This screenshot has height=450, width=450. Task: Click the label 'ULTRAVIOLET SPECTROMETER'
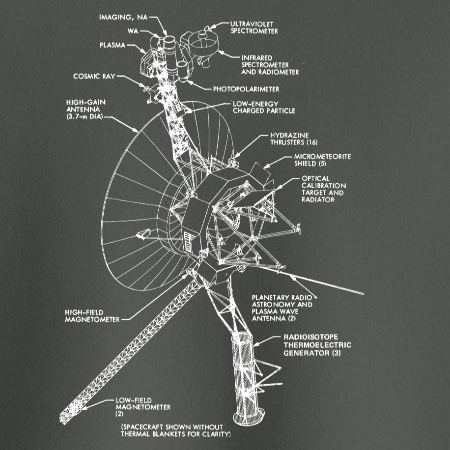coord(254,27)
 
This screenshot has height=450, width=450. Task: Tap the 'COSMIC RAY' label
coord(93,76)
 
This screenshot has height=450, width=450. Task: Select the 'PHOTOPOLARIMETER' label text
coord(246,89)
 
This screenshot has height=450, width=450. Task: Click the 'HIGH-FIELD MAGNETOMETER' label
coord(92,315)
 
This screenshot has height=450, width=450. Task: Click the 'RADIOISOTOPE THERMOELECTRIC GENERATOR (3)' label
coord(317,345)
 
